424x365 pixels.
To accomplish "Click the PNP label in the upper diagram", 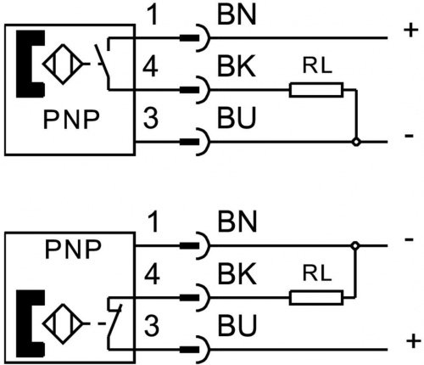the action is [71, 120].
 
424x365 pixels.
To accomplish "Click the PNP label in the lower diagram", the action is [73, 250].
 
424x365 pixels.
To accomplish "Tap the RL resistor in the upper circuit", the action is [316, 90].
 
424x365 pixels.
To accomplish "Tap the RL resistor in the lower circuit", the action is [316, 297].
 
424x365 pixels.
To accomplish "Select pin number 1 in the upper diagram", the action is [153, 15].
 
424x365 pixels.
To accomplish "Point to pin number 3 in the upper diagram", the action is [151, 117].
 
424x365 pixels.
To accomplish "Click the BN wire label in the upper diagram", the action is [237, 14].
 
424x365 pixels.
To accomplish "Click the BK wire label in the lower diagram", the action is [237, 273].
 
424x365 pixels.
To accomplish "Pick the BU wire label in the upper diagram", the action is [237, 117].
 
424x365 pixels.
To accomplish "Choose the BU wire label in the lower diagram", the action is [237, 325].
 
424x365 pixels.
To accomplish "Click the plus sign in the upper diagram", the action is [411, 30].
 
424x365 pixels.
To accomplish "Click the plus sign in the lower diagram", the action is [413, 341].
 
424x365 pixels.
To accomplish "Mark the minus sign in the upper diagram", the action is [409, 136].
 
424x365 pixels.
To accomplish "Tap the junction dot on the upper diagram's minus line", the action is [356, 142].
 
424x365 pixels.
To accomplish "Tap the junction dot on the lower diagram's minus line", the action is [355, 245].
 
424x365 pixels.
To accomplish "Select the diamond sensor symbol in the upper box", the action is [63, 64].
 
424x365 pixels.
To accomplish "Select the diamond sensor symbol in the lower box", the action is [63, 324].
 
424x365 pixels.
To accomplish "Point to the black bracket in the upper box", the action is [30, 64].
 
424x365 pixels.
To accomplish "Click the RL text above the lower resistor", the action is [317, 273].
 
